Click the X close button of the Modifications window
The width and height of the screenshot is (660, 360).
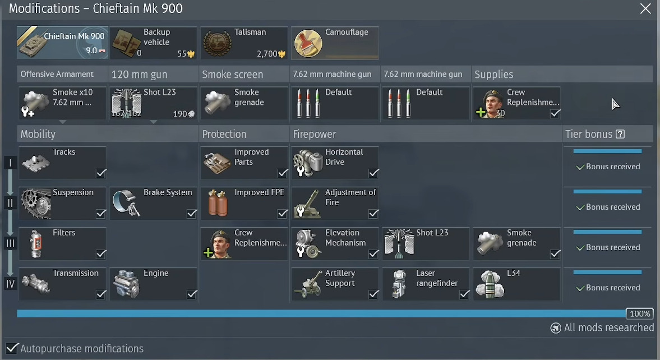pyautogui.click(x=646, y=9)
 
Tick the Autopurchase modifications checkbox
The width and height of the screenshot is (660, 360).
pyautogui.click(x=12, y=349)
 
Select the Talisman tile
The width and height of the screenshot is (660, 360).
pyautogui.click(x=244, y=43)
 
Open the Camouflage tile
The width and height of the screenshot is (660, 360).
pyautogui.click(x=335, y=43)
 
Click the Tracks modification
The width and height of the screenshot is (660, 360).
pyautogui.click(x=63, y=163)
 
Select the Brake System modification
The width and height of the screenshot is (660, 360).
pyautogui.click(x=154, y=204)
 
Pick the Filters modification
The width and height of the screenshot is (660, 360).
pyautogui.click(x=63, y=244)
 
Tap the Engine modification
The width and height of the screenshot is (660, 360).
pyautogui.click(x=154, y=284)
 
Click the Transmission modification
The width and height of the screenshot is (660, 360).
pyautogui.click(x=63, y=284)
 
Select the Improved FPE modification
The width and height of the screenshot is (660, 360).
pyautogui.click(x=244, y=204)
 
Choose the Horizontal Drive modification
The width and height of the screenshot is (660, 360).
pyautogui.click(x=335, y=163)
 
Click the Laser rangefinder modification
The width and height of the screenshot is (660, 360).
pyautogui.click(x=426, y=284)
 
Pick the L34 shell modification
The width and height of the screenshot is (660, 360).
pyautogui.click(x=517, y=284)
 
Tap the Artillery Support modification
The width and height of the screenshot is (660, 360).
pyautogui.click(x=335, y=284)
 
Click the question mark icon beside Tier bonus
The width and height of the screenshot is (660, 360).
pyautogui.click(x=620, y=135)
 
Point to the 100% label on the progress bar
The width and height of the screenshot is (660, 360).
pyautogui.click(x=640, y=314)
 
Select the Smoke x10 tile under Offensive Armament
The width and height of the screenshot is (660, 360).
pyautogui.click(x=63, y=103)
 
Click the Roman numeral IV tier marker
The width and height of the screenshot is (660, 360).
pyautogui.click(x=10, y=284)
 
